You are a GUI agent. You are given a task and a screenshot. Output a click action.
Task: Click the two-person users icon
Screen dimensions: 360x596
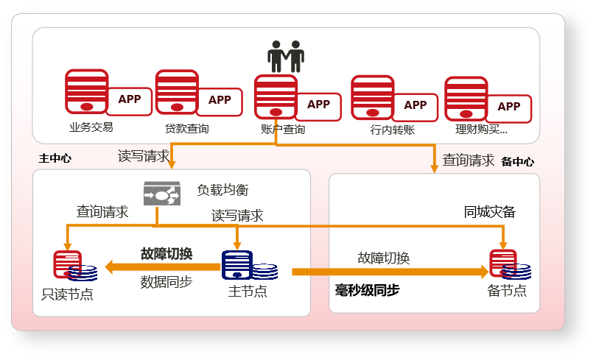tap(286, 57)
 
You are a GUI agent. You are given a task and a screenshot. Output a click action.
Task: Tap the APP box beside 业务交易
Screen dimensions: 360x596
tap(130, 100)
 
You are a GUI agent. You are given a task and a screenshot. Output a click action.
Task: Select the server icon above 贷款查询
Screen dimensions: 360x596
tap(177, 92)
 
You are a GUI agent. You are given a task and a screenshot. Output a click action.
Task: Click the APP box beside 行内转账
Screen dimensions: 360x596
tap(416, 105)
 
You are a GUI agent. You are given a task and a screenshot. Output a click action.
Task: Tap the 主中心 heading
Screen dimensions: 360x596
tap(55, 158)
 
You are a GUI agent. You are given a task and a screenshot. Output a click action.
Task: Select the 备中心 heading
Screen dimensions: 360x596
tap(517, 161)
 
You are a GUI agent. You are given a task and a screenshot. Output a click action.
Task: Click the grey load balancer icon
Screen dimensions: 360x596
tap(161, 194)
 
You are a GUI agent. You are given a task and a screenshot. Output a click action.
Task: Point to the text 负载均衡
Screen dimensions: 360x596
tap(222, 190)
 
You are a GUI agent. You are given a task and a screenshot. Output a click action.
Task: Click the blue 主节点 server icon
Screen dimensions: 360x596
tap(237, 265)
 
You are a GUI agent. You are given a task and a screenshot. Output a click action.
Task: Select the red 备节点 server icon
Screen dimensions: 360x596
tap(503, 264)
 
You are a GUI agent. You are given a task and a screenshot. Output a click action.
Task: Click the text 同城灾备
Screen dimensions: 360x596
tap(489, 213)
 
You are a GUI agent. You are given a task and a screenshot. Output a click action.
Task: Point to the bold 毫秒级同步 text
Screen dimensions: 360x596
tap(367, 291)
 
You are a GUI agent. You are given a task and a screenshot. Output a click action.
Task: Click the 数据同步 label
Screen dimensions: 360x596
tap(166, 282)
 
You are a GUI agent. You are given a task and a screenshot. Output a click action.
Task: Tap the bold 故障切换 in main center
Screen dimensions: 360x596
tap(166, 254)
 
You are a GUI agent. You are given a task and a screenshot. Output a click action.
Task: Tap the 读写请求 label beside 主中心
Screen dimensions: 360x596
tap(144, 157)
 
